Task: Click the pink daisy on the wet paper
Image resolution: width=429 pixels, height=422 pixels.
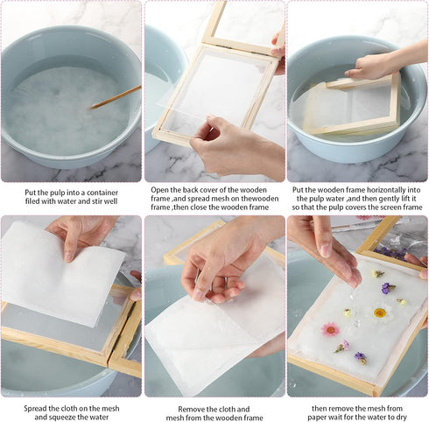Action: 331,329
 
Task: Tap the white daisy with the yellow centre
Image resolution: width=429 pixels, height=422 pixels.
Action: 378,312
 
